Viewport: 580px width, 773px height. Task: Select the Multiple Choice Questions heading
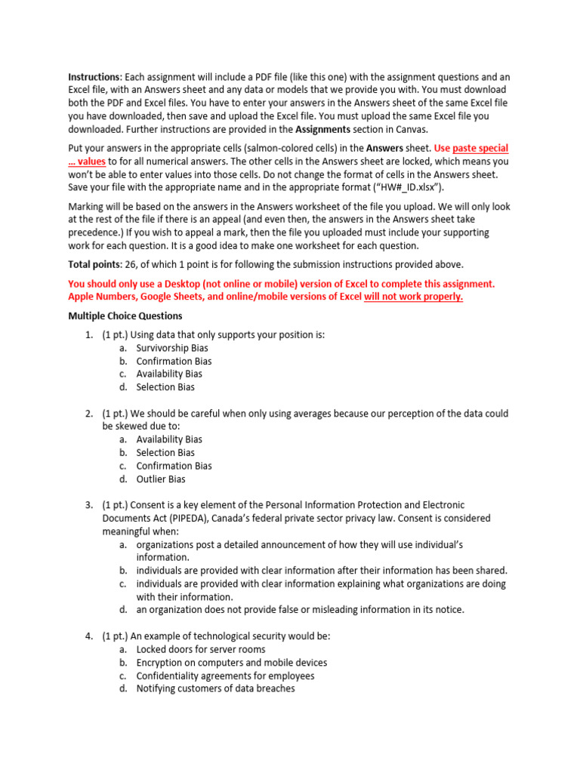pyautogui.click(x=125, y=316)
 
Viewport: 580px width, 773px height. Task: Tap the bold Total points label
pyautogui.click(x=97, y=264)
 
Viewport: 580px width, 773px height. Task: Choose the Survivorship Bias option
pyautogui.click(x=172, y=348)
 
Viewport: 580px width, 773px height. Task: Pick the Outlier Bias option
pyautogui.click(x=161, y=479)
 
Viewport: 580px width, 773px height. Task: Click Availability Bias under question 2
pyautogui.click(x=169, y=439)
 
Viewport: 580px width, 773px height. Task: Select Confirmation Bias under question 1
pyautogui.click(x=174, y=361)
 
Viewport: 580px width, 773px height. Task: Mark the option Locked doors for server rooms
pyautogui.click(x=201, y=649)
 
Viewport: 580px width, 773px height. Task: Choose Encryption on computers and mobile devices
pyautogui.click(x=231, y=663)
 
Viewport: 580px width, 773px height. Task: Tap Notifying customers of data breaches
pyautogui.click(x=215, y=688)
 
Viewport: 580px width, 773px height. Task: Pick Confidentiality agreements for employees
pyautogui.click(x=225, y=676)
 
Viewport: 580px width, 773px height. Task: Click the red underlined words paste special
pyautogui.click(x=480, y=148)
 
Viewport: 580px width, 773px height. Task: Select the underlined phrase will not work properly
pyautogui.click(x=414, y=297)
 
